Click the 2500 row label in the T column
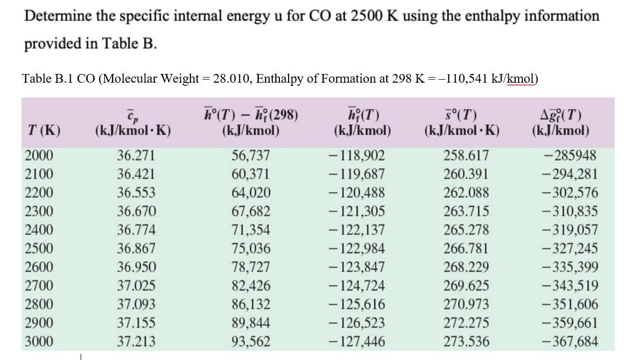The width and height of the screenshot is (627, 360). [x=39, y=249]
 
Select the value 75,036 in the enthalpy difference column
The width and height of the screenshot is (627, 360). [x=251, y=249]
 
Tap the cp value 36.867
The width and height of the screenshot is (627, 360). [x=136, y=249]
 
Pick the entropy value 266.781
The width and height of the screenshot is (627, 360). [x=466, y=249]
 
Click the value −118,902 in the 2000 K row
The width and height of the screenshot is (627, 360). [x=356, y=156]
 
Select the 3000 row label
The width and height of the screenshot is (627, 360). [x=39, y=342]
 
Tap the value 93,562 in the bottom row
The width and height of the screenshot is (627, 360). [x=251, y=342]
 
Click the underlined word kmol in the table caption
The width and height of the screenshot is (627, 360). [x=521, y=79]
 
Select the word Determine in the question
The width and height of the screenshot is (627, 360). [x=55, y=16]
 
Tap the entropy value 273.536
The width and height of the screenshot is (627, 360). [x=466, y=342]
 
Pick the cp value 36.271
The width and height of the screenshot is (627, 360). [x=136, y=156]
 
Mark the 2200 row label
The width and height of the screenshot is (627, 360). [x=39, y=193]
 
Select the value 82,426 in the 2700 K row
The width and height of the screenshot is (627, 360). [x=251, y=286]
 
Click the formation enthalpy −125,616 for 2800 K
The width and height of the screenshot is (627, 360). [x=356, y=304]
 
